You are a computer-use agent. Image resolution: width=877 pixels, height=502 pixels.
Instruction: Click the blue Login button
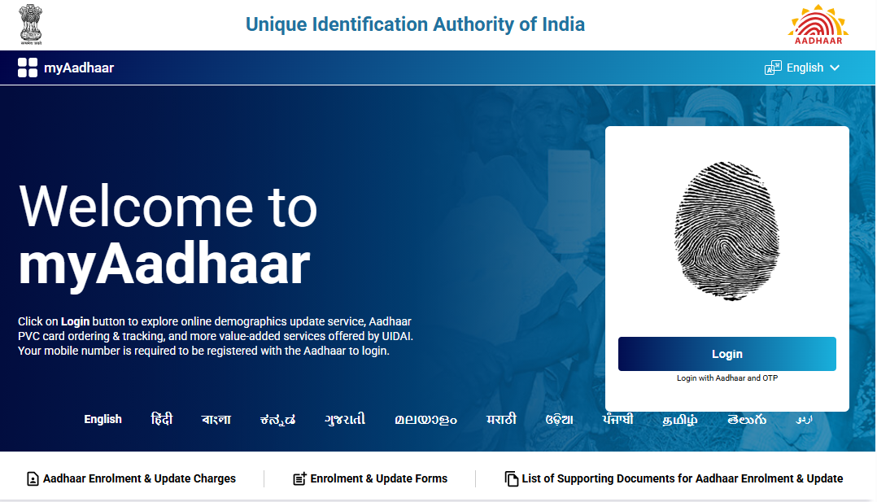coord(726,354)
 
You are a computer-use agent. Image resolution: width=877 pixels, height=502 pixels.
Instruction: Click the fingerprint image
coord(726,231)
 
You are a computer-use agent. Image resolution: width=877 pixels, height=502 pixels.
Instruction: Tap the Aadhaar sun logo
coord(818,24)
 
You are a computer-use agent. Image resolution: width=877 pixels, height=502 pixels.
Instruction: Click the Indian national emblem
coord(32,24)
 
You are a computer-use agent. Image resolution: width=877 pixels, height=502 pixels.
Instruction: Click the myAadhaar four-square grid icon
coord(28,68)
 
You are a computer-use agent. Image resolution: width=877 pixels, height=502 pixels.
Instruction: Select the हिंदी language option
coord(162,420)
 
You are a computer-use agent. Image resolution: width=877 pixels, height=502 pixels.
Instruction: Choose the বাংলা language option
coord(216,420)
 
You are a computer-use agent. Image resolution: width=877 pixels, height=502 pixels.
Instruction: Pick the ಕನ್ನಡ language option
coord(277,420)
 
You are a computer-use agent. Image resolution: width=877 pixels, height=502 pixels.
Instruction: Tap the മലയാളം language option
coord(425,420)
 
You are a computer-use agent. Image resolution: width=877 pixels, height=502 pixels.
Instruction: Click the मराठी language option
coord(501,420)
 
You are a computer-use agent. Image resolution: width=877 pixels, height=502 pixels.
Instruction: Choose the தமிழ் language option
coord(680,420)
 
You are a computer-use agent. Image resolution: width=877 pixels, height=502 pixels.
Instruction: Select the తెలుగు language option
coord(747,420)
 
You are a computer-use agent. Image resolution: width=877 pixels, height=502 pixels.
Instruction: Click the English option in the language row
coord(103,420)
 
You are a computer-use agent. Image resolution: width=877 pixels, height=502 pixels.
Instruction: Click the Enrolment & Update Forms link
coord(370,478)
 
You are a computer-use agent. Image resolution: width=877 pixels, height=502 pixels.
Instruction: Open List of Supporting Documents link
coord(674,478)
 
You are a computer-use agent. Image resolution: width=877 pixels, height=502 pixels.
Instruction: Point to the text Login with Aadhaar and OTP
coord(726,378)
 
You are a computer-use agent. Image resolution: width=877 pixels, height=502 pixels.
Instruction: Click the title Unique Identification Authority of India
coord(415,24)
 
